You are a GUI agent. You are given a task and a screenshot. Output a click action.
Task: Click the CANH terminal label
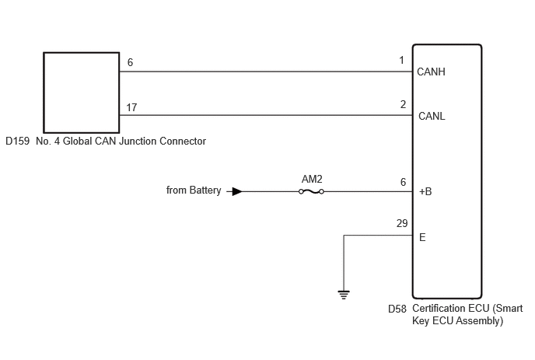(x=431, y=72)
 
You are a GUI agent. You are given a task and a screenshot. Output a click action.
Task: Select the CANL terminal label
(x=432, y=117)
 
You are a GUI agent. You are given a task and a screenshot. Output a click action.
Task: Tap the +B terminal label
(x=425, y=192)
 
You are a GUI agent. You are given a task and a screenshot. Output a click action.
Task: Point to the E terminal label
(x=422, y=237)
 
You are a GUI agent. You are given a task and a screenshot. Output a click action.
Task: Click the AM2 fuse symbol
(x=311, y=192)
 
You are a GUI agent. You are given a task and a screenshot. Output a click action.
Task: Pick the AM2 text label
(x=312, y=179)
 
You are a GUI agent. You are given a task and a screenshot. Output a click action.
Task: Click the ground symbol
(x=344, y=295)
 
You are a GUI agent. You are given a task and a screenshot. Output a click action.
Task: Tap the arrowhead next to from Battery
(x=237, y=192)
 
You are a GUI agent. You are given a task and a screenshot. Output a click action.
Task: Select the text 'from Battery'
(x=194, y=190)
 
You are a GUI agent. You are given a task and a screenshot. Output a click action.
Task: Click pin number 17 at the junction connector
(x=131, y=108)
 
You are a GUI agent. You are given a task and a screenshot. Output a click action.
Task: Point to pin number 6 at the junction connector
(x=130, y=62)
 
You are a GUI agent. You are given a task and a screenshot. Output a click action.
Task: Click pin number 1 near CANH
(x=401, y=61)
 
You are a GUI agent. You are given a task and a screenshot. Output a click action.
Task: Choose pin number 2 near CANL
(x=403, y=104)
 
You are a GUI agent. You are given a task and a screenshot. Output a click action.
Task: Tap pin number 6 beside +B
(x=403, y=182)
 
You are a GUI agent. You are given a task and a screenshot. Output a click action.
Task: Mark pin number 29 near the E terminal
(x=402, y=223)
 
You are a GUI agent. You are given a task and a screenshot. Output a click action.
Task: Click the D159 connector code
(x=17, y=142)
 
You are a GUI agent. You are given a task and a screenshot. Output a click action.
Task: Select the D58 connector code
(x=397, y=309)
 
